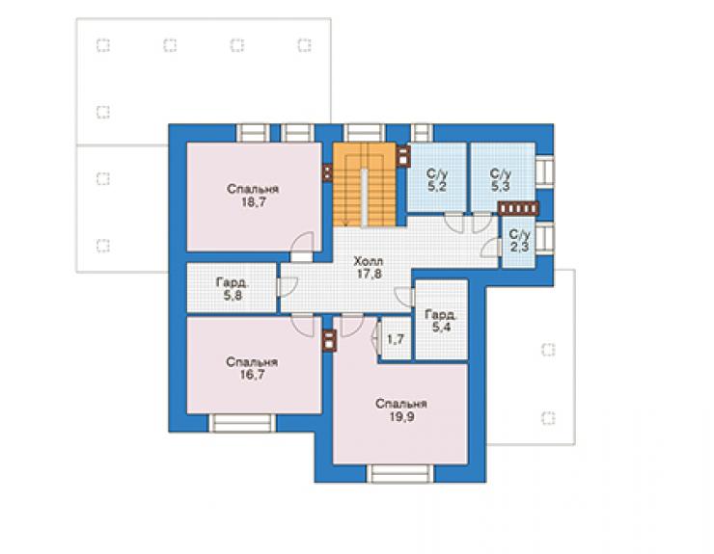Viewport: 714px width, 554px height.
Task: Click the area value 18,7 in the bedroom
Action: pos(253,203)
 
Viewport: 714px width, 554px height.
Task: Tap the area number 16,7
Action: pos(252,375)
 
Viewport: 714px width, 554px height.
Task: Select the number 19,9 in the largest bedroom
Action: pos(401,417)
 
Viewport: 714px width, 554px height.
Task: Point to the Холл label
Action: pos(369,261)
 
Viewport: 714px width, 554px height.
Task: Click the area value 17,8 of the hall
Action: pos(369,274)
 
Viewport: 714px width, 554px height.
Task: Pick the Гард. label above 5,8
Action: pos(233,283)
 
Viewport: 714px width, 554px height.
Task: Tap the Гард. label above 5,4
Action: pos(441,315)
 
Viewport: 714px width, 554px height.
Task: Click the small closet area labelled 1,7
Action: pos(395,339)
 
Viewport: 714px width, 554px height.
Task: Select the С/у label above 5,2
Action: pos(437,173)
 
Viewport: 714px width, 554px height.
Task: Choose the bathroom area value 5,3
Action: pos(500,186)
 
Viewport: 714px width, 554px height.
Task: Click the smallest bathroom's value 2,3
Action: pos(519,248)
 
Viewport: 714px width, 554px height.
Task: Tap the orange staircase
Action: pos(364,184)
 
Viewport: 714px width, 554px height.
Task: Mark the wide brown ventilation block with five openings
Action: pos(518,208)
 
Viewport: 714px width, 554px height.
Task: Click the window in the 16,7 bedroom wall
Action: pos(242,423)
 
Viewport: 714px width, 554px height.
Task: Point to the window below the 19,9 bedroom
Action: pos(400,473)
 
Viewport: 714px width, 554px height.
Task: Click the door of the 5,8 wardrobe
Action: pos(287,287)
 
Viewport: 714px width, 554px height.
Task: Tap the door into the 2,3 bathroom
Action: pos(491,248)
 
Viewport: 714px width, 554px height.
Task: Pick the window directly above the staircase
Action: pos(364,133)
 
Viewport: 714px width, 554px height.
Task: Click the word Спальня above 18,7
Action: pos(253,190)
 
